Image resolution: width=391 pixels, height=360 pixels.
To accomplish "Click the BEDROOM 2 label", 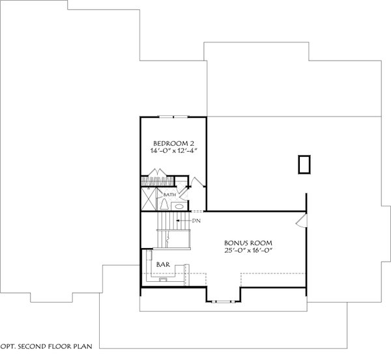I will click(x=173, y=143).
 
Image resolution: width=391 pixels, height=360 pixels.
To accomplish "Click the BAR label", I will click(x=164, y=265).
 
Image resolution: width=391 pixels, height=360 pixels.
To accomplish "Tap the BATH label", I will click(x=169, y=195).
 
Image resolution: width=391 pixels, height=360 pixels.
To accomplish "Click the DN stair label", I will click(x=195, y=221).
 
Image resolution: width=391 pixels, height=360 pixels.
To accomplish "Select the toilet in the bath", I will click(x=165, y=204).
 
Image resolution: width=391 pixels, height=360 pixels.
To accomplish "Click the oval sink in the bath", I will click(x=179, y=206).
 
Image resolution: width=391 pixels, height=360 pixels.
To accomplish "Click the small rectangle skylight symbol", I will click(x=303, y=165).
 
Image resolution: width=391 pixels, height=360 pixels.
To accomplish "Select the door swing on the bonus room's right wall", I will click(x=300, y=223).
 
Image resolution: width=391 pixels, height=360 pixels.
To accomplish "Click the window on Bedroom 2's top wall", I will click(x=173, y=117).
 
